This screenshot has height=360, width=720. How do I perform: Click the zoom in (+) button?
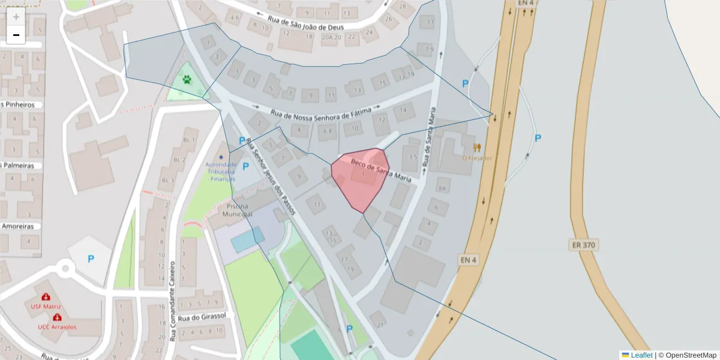tap(16, 17)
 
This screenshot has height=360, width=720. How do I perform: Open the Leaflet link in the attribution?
tap(641, 355)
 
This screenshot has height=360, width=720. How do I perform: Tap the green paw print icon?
tap(187, 79)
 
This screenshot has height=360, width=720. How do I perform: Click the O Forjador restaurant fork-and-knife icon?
tap(477, 147)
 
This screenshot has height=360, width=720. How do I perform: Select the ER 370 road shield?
tap(584, 245)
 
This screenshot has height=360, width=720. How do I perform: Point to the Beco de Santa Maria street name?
tap(381, 168)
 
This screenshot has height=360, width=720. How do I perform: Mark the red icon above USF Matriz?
tap(46, 297)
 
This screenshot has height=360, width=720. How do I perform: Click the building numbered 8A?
tap(443, 188)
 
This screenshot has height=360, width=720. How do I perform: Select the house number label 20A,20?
tap(331, 37)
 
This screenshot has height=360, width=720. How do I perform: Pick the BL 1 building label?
tap(189, 140)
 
